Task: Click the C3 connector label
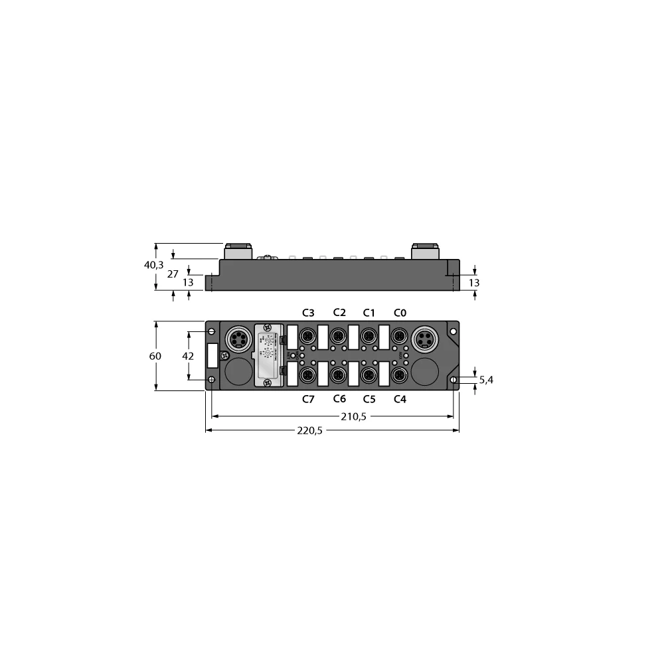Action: (x=307, y=313)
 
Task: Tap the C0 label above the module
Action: (x=400, y=313)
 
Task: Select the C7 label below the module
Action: (x=307, y=399)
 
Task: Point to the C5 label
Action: (x=369, y=399)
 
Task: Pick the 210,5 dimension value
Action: (x=353, y=416)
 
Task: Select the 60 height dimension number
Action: (x=155, y=356)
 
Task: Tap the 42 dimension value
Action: (x=189, y=356)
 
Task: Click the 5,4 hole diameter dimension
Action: (x=486, y=380)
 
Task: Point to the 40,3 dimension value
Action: (x=154, y=265)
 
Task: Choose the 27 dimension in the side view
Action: (x=172, y=274)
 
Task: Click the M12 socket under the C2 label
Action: (x=339, y=336)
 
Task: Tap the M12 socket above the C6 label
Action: (x=339, y=376)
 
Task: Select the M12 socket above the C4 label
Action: (x=400, y=376)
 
